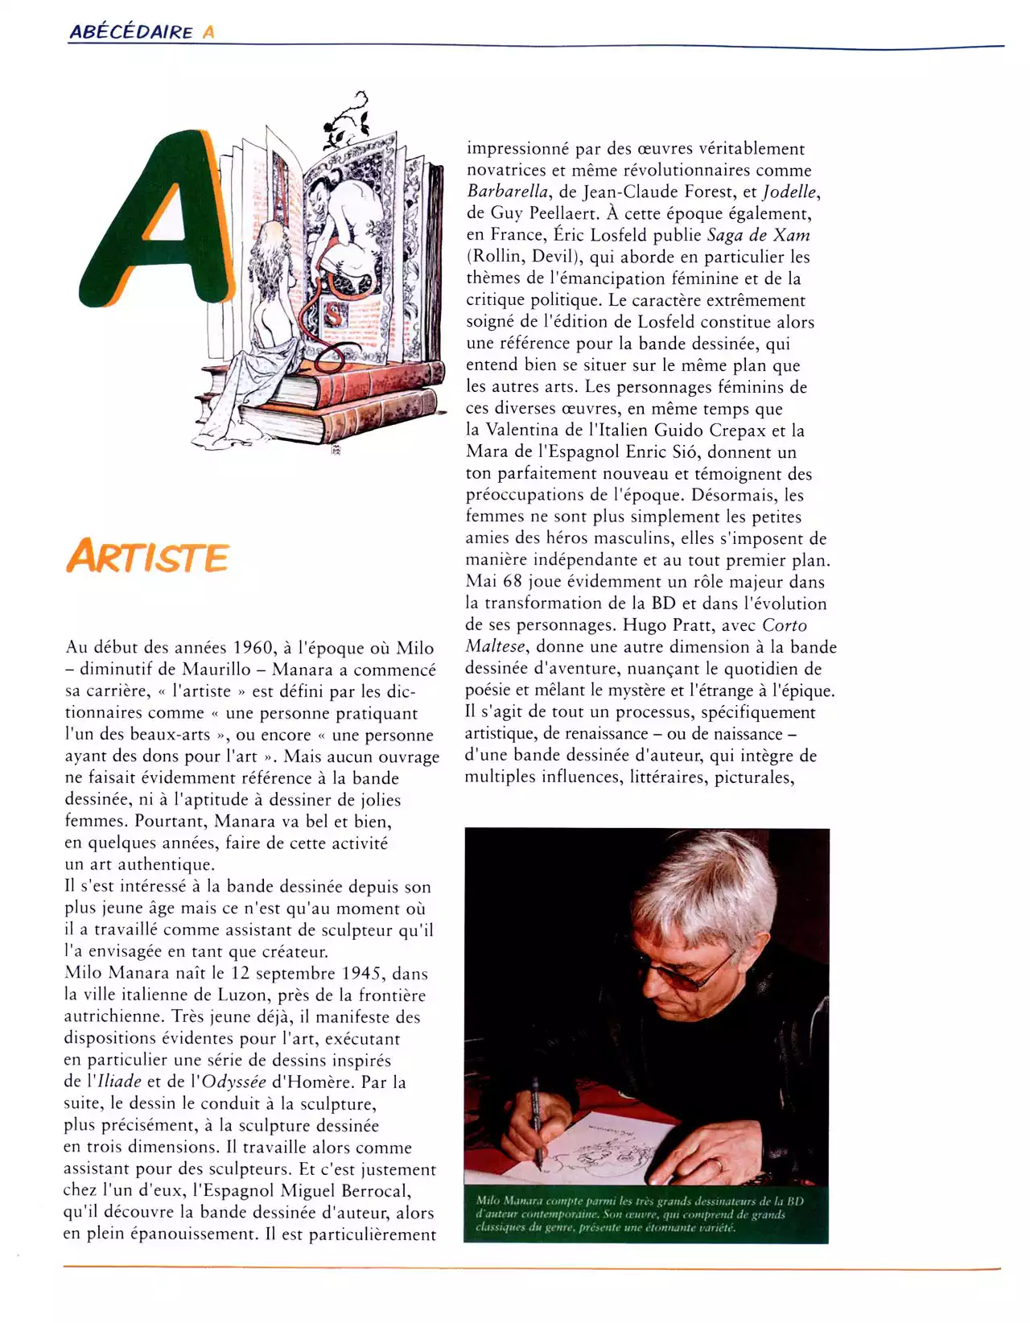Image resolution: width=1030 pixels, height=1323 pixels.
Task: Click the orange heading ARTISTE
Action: (x=148, y=556)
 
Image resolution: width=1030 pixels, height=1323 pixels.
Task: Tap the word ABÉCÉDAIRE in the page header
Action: (x=130, y=32)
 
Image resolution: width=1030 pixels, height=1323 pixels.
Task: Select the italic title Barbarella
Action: (x=508, y=192)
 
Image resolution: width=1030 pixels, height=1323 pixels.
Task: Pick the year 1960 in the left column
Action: (x=253, y=649)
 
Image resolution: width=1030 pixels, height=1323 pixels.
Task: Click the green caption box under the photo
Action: (x=646, y=1214)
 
